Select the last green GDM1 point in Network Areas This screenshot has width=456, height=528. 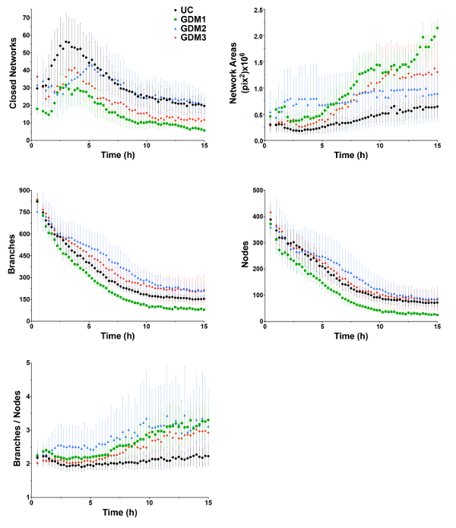437,28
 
